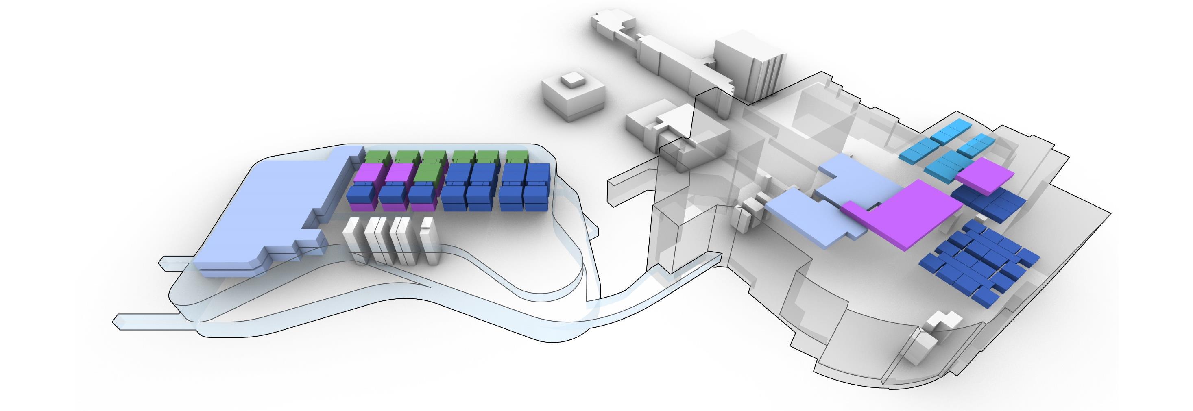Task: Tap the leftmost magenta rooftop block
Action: tap(368, 173)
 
